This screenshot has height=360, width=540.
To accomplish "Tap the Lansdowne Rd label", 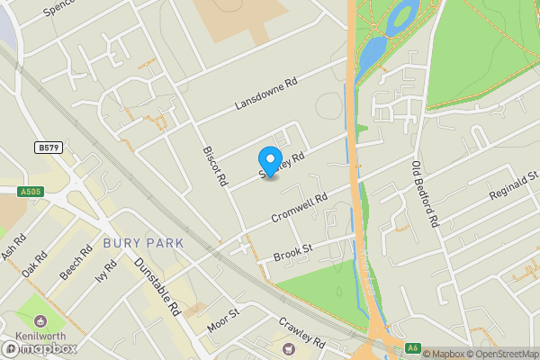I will [x=265, y=94].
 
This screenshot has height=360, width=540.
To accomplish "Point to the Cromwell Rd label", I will [x=297, y=210].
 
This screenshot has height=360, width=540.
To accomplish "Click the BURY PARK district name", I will [x=143, y=243].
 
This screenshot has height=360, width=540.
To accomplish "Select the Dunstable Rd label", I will [x=158, y=286].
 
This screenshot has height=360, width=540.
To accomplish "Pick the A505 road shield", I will [x=31, y=190].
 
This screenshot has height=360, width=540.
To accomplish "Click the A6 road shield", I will [x=413, y=347].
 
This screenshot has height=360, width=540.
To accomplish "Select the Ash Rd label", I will [x=13, y=249].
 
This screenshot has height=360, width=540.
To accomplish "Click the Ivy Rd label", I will [x=106, y=271].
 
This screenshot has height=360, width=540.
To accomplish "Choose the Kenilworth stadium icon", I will [x=40, y=321].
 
